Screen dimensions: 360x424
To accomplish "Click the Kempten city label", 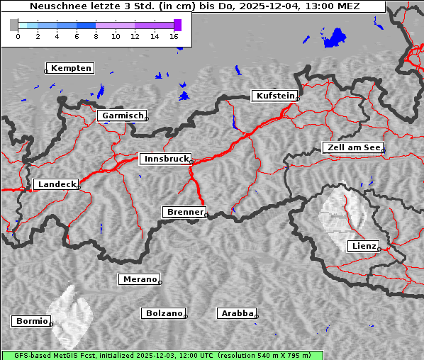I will (69, 68).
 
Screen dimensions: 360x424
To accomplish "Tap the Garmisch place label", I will (122, 116).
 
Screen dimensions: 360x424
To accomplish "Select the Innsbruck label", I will (165, 159).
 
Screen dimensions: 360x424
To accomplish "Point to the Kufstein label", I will (274, 96).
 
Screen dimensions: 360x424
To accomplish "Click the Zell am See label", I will (353, 147).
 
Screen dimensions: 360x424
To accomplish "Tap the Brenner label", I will (184, 212).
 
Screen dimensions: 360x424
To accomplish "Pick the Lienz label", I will (363, 246).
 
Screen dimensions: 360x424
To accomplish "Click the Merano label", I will (139, 280).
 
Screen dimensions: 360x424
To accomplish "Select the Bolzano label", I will (164, 313).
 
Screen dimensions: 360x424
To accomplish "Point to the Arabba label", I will (236, 313).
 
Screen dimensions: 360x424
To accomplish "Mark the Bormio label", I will (31, 321).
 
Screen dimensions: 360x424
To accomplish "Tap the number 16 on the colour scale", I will (174, 35).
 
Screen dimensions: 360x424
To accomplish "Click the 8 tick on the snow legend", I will (96, 35).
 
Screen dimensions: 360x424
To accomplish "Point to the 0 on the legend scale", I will (18, 35).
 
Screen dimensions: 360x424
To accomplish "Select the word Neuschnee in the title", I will (54, 7).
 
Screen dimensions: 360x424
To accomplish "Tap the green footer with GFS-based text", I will (162, 355).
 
